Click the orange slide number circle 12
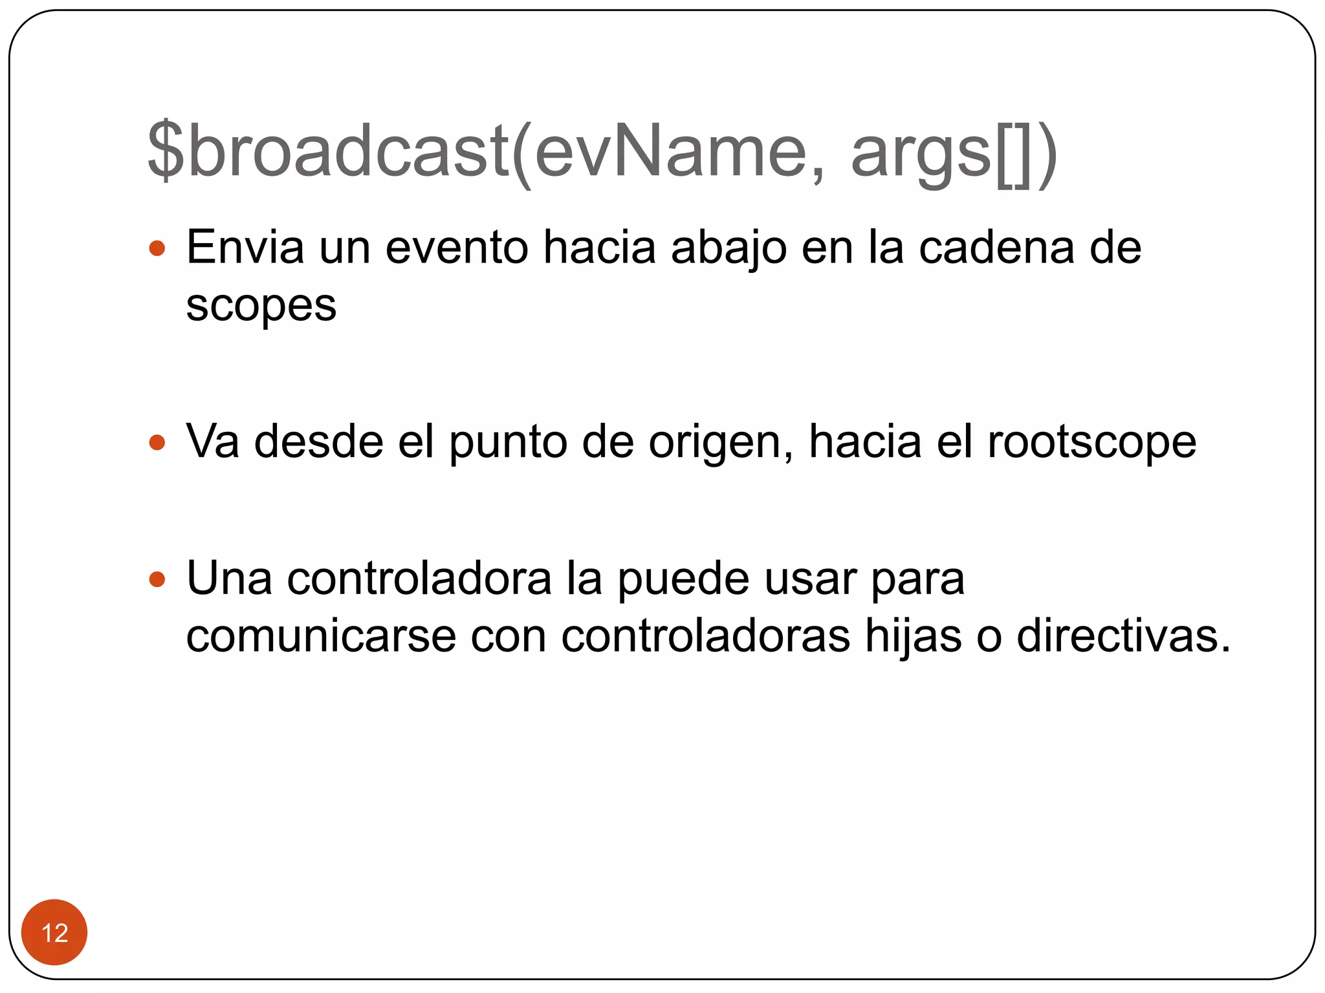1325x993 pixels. [54, 932]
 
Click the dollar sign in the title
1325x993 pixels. [166, 150]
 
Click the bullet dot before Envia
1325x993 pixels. [157, 248]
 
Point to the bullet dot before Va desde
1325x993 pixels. [157, 443]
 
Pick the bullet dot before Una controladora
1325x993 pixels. [157, 579]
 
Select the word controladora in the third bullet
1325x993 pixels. [419, 579]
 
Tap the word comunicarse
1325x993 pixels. [321, 636]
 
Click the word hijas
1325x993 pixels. [914, 637]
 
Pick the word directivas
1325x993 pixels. [1123, 636]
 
